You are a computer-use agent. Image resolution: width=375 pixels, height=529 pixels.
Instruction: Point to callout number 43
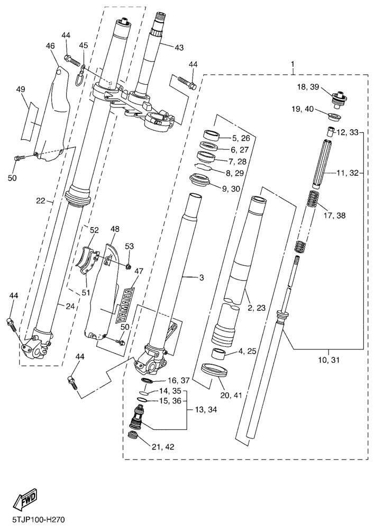[x=179, y=48]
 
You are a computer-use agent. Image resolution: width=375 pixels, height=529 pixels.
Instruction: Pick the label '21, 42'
[x=163, y=446]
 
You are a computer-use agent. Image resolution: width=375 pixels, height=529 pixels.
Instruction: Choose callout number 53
[x=130, y=246]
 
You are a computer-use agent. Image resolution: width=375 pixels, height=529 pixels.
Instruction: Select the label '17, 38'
[x=334, y=216]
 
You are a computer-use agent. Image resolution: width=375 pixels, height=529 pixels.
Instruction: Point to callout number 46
[x=50, y=47]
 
